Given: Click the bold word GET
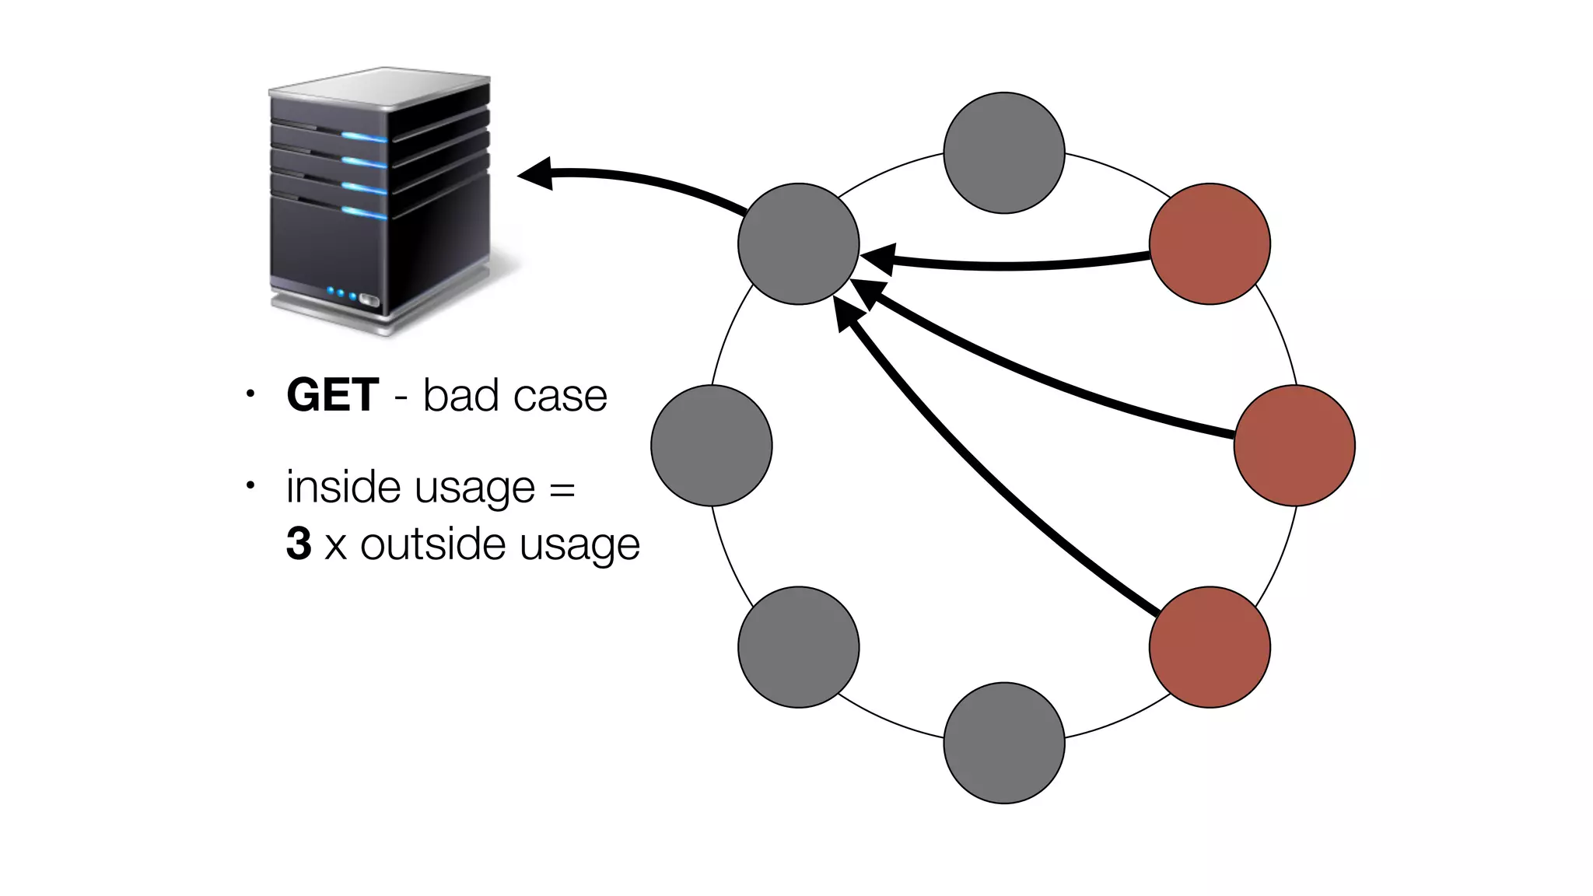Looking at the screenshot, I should [332, 395].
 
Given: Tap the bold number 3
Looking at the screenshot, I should [299, 543].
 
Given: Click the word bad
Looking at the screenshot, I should [460, 395].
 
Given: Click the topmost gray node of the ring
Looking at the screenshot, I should [1003, 152].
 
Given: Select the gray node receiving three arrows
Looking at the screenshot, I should [798, 243].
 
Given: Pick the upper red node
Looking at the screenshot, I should [1210, 243].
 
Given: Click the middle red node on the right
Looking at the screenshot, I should [1294, 445].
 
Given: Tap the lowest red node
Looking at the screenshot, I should [1210, 646].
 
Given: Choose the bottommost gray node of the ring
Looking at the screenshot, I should [1003, 743].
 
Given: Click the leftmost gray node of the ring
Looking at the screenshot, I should [711, 445].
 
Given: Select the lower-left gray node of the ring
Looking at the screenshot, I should [798, 646].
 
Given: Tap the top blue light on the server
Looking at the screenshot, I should [364, 138].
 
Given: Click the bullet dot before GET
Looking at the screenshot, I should [250, 394].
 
